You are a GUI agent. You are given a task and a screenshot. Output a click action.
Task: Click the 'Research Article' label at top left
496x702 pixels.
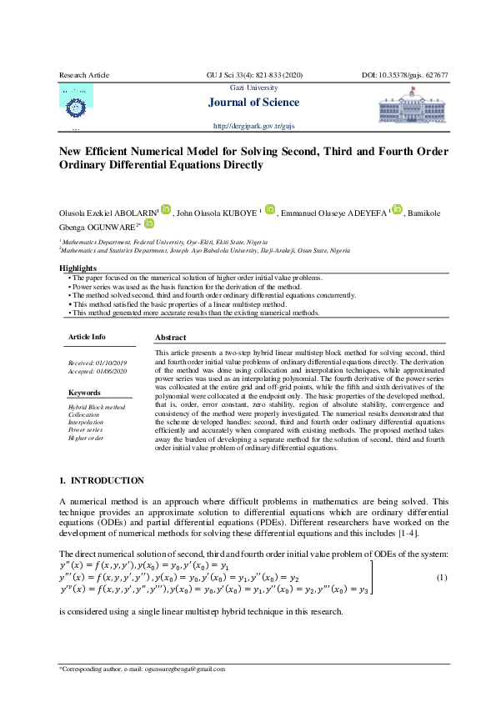pos(84,75)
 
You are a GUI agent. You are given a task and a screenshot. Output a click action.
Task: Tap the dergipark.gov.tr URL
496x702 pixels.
pos(254,126)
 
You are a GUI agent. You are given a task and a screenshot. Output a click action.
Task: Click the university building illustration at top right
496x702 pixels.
pos(413,108)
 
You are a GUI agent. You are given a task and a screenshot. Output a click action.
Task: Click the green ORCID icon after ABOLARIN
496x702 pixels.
pos(166,209)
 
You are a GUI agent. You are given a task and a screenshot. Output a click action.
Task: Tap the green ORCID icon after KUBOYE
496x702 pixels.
pos(269,209)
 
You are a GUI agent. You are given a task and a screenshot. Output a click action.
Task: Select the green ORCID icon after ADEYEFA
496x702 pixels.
pos(397,209)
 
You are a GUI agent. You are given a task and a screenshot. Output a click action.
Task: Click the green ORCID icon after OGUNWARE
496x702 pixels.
pos(149,223)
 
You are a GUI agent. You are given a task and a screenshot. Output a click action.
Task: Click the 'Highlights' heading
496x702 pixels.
pos(78,268)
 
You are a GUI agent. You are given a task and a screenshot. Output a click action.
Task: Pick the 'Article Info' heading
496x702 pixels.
pos(87,337)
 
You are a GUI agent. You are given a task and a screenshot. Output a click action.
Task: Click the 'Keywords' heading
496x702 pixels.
pos(84,392)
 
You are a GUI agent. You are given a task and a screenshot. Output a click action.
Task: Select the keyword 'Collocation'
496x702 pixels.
pos(83,414)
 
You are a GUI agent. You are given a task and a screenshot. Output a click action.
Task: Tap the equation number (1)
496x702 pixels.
pos(442,577)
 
